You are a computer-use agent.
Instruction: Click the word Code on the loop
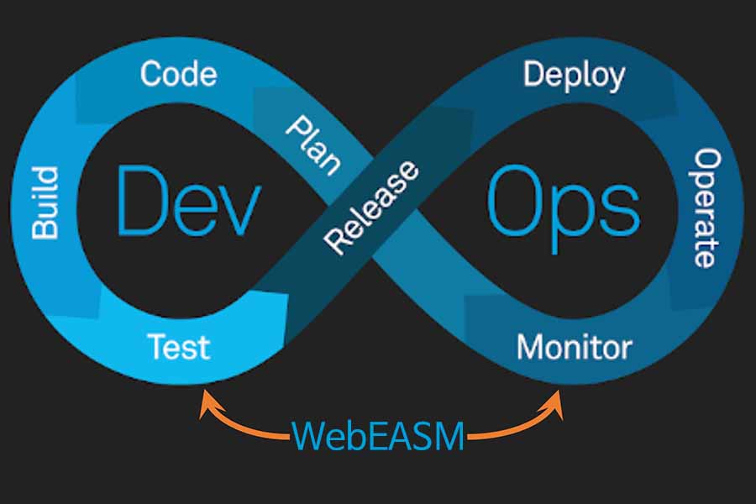tap(178, 74)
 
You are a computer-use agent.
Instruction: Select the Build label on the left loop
tap(45, 202)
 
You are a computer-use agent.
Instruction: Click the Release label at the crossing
tap(371, 207)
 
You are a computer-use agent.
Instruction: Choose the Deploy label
tap(574, 76)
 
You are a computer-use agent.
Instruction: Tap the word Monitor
tap(574, 346)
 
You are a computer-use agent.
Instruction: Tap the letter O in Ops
tap(512, 202)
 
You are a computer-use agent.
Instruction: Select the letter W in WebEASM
tap(309, 435)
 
